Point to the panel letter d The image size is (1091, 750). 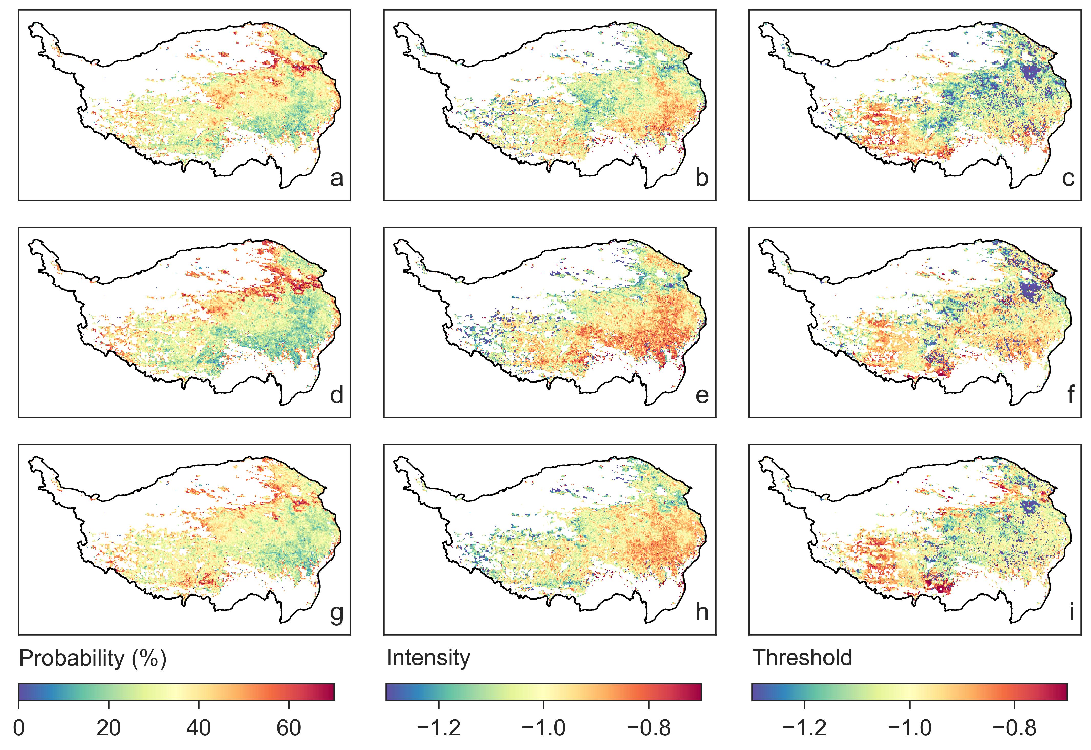[336, 395]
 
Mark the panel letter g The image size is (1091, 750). [336, 613]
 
